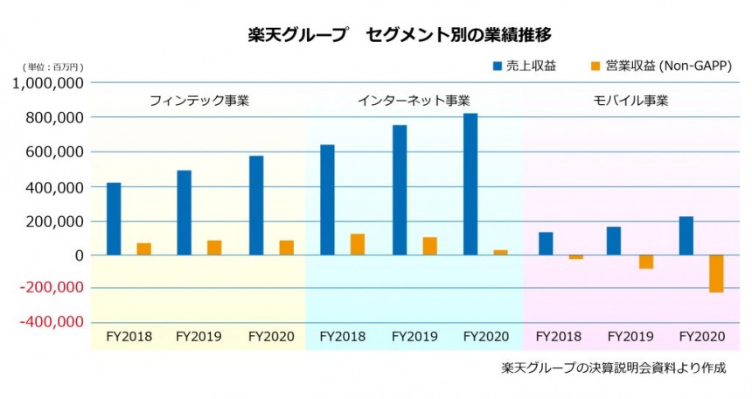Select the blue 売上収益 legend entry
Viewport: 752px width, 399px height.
[524, 66]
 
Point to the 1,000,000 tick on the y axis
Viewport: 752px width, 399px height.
[49, 83]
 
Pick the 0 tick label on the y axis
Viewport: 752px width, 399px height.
[78, 255]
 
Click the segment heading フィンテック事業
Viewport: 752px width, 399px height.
[199, 101]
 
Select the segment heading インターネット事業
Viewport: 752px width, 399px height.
[414, 101]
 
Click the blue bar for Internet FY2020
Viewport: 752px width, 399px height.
[470, 184]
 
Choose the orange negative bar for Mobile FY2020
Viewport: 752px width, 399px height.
[716, 273]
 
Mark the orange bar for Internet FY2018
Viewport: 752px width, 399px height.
[358, 244]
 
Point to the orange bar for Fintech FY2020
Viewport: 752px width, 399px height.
[286, 248]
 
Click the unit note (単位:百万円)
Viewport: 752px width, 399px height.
[54, 67]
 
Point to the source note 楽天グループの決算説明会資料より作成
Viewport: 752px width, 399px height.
[614, 367]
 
